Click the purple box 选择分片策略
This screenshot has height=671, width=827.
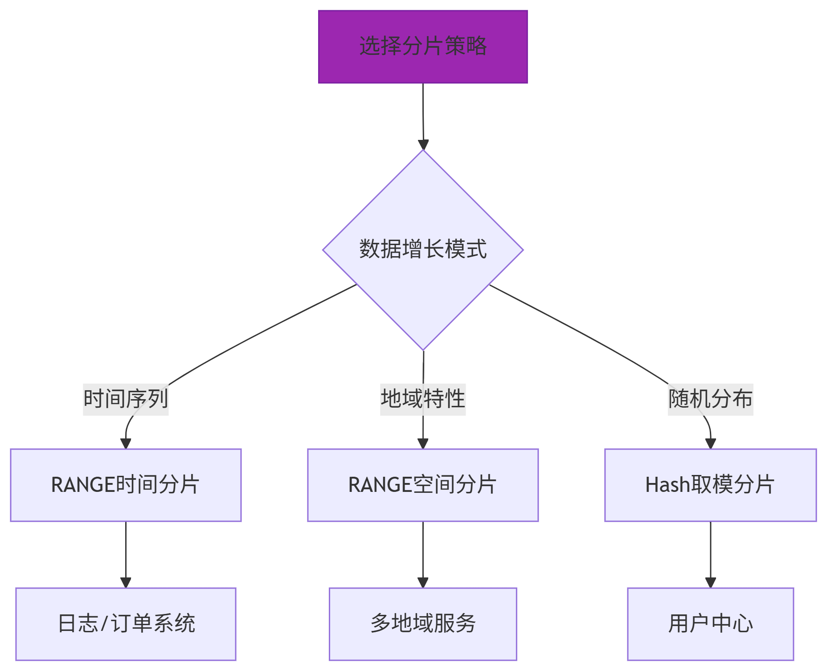422,47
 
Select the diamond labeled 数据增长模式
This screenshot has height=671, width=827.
422,250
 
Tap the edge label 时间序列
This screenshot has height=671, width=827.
126,399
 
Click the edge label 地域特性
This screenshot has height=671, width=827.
422,399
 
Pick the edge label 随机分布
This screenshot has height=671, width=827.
710,399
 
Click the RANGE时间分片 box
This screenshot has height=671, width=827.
126,485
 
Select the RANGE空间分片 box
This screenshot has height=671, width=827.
422,485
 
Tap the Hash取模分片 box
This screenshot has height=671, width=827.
710,485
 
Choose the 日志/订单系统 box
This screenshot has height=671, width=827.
126,624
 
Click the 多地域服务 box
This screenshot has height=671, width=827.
422,624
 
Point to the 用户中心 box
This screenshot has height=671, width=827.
710,624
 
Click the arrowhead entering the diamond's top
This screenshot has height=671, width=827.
423,145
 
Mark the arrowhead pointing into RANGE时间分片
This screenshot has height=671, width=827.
126,443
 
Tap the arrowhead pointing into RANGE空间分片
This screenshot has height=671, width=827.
423,443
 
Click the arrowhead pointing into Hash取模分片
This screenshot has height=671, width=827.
711,443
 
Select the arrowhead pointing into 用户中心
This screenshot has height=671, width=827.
711,582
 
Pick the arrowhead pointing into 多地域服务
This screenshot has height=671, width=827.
423,582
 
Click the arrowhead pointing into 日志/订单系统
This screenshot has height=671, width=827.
126,582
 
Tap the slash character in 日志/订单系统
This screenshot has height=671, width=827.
104,624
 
